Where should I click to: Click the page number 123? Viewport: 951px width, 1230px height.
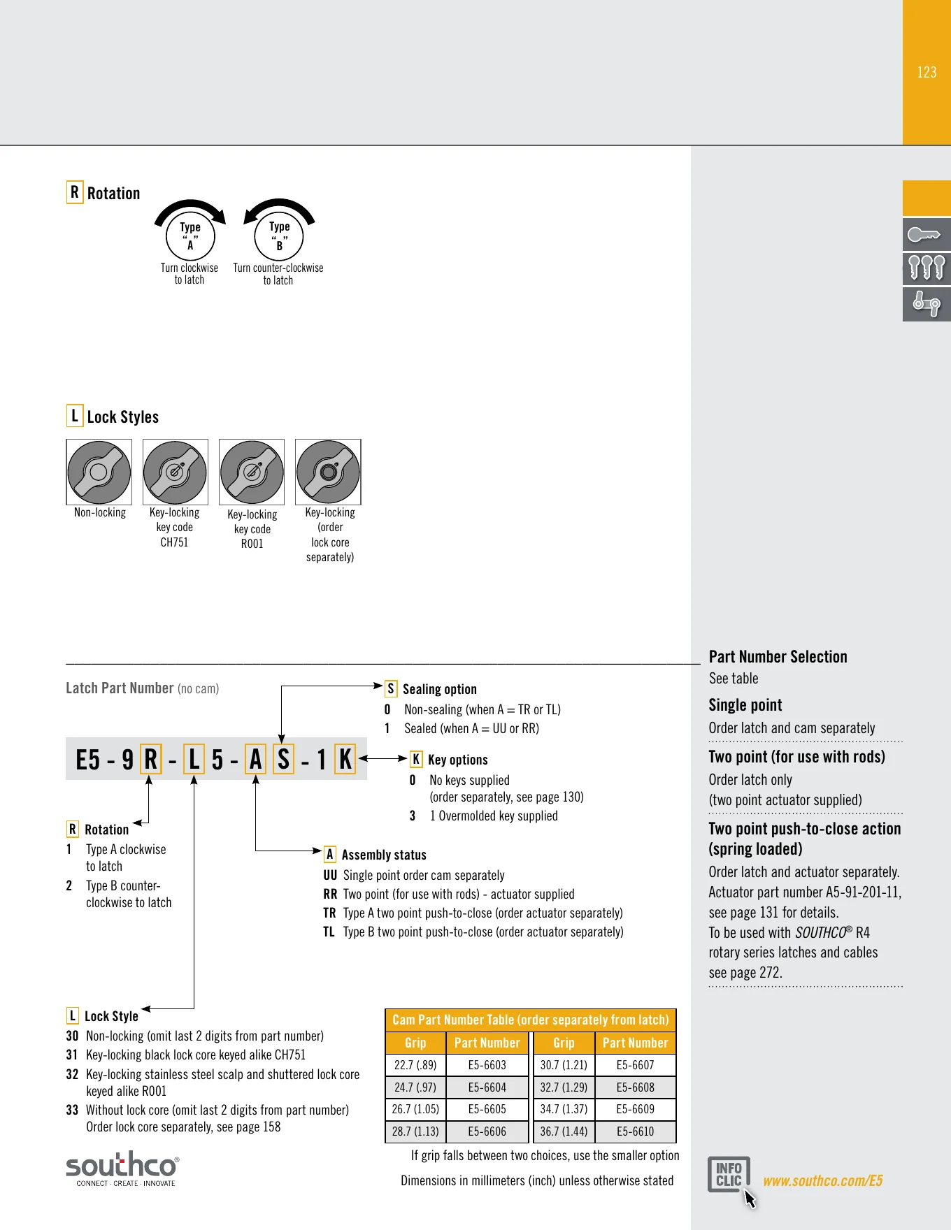[927, 73]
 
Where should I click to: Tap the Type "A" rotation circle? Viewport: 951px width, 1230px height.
[190, 236]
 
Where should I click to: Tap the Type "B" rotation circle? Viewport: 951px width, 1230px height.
[279, 236]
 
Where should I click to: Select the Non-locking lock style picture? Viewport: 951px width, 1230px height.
[99, 472]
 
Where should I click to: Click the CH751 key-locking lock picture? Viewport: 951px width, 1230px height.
[176, 472]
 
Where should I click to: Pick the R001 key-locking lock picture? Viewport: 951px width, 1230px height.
[252, 472]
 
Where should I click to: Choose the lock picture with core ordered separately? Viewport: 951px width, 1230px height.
[328, 472]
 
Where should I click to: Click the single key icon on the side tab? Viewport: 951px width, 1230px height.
[927, 234]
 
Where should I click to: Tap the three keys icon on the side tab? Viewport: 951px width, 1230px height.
[927, 268]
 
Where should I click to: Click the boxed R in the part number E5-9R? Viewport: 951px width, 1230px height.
[151, 759]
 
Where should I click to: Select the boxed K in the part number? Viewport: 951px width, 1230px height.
[345, 759]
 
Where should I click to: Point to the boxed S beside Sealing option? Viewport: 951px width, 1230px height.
[391, 689]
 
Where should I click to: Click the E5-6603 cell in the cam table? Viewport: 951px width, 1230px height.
[487, 1065]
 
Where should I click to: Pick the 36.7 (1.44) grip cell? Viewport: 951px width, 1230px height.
[564, 1131]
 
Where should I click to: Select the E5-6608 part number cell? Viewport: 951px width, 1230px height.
[636, 1087]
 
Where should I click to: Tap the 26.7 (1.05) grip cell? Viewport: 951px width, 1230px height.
[415, 1109]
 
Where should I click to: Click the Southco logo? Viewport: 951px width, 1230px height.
[122, 1168]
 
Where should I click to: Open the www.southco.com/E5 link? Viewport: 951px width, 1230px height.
[822, 1181]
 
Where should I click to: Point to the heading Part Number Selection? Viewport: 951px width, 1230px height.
[778, 657]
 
